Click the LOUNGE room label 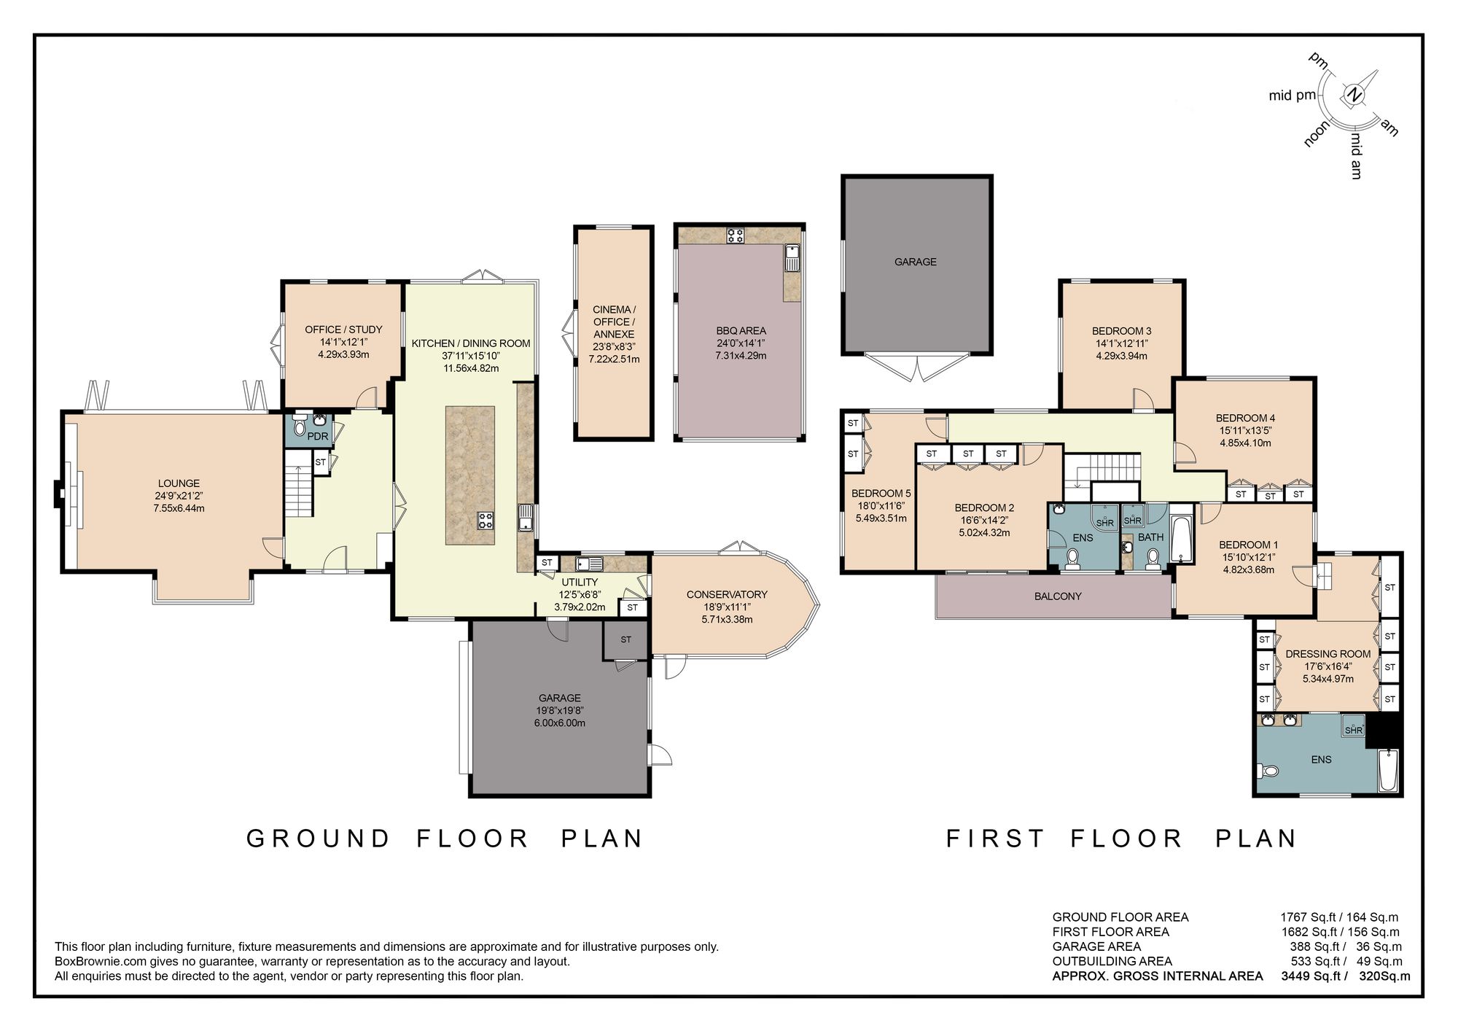pyautogui.click(x=179, y=483)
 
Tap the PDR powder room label pyautogui.click(x=318, y=437)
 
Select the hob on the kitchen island pyautogui.click(x=486, y=521)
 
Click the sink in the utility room pyautogui.click(x=588, y=564)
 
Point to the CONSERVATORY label pyautogui.click(x=727, y=594)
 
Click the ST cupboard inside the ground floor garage pyautogui.click(x=625, y=640)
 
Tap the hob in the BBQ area pyautogui.click(x=736, y=236)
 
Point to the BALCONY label pyautogui.click(x=1058, y=596)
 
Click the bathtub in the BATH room pyautogui.click(x=1180, y=539)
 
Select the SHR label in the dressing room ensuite pyautogui.click(x=1354, y=730)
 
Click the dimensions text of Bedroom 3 pyautogui.click(x=1121, y=350)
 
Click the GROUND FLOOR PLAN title pyautogui.click(x=445, y=839)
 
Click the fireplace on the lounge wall pyautogui.click(x=58, y=494)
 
